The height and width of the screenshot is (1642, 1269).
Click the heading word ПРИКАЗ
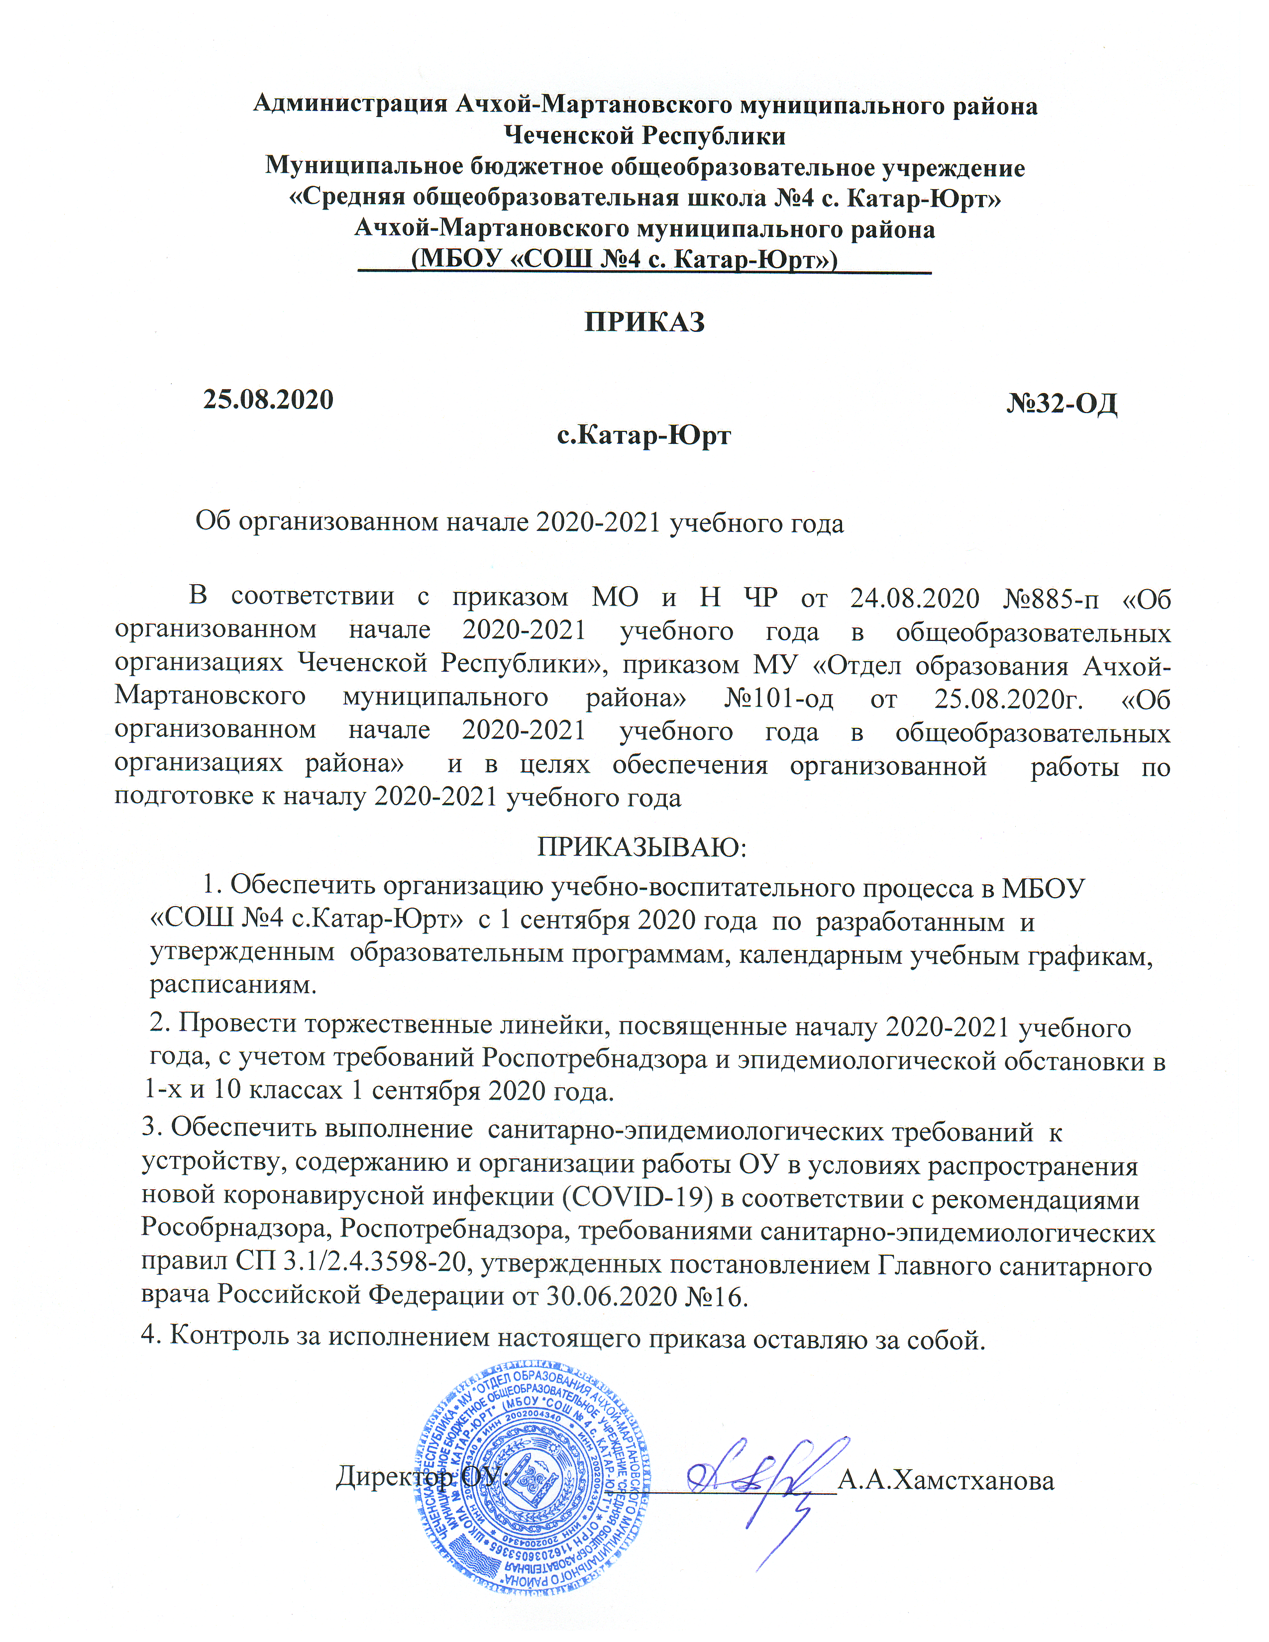(644, 322)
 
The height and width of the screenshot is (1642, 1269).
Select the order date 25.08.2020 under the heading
(268, 399)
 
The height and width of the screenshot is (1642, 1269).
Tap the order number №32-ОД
(1061, 404)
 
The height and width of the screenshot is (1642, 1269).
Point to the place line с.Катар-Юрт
(643, 435)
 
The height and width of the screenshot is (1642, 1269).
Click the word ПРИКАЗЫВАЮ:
(641, 847)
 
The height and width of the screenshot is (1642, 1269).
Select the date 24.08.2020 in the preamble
(914, 598)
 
